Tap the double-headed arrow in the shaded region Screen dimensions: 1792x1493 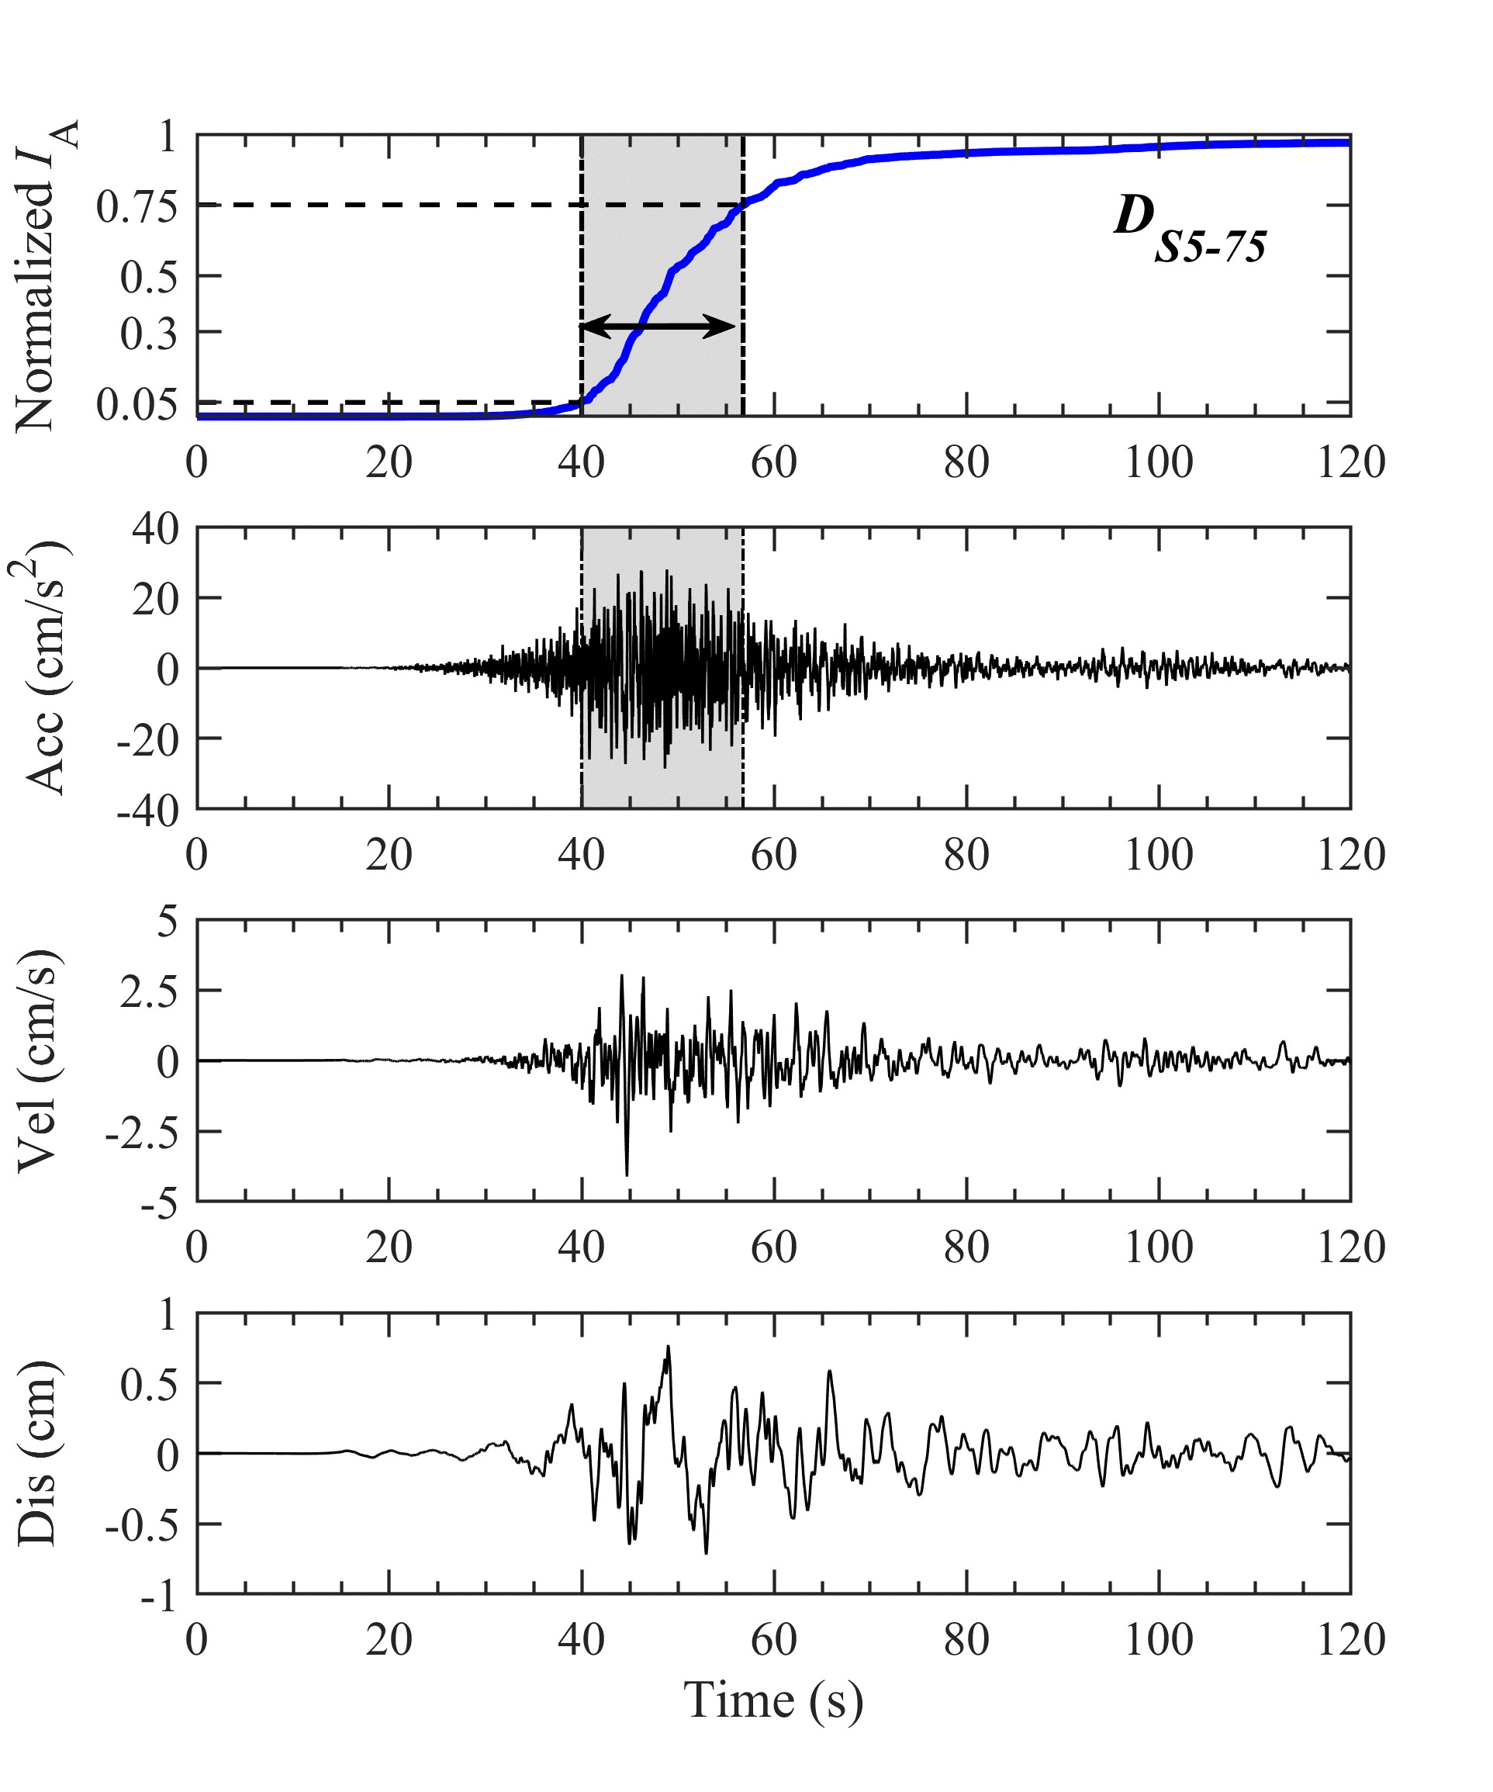[x=657, y=326]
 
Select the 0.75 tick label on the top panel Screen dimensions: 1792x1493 [x=137, y=206]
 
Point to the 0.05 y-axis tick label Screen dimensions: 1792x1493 [x=137, y=404]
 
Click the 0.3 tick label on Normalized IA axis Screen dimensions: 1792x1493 [x=148, y=334]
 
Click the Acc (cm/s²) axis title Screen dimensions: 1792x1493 [x=43, y=667]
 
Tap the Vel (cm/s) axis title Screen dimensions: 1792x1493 [x=39, y=1060]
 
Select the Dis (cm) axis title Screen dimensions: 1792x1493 [x=39, y=1453]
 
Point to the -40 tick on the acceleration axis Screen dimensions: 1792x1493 [x=148, y=811]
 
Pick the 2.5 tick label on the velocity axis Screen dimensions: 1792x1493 [x=149, y=992]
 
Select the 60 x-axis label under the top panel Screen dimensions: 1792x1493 [x=773, y=462]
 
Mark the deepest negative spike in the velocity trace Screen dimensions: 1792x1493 [x=627, y=1174]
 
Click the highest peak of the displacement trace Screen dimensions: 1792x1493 [x=668, y=1347]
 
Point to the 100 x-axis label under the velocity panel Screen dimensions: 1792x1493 [x=1158, y=1247]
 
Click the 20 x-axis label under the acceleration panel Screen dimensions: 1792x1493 [x=389, y=855]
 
